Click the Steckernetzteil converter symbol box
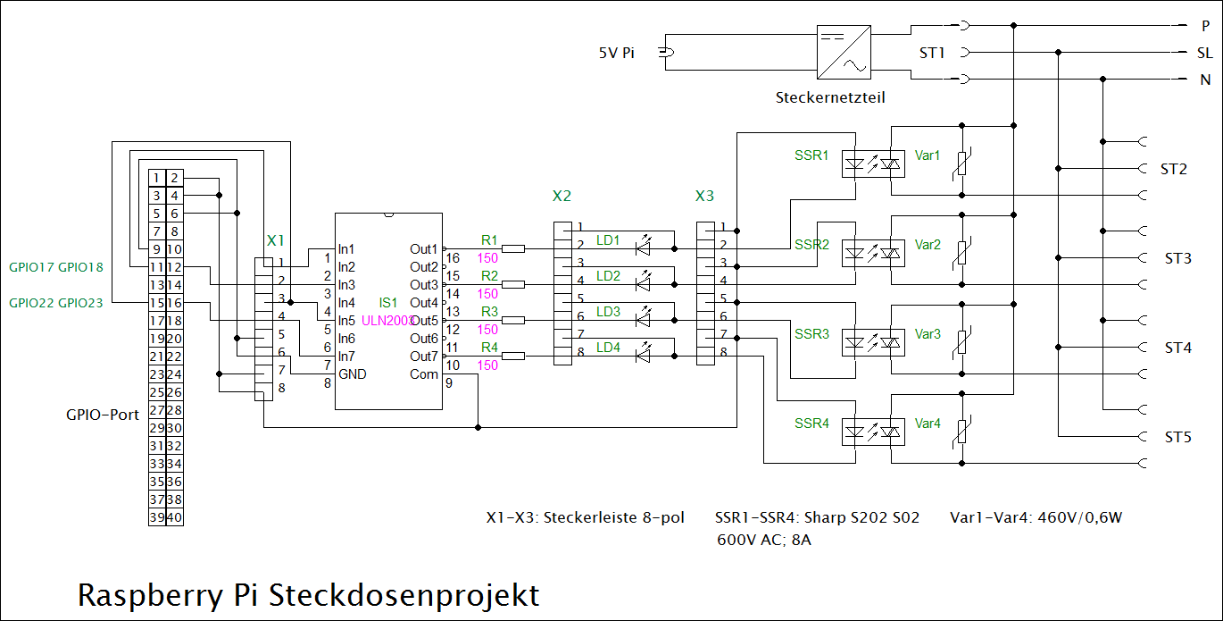pos(844,53)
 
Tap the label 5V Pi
pos(617,54)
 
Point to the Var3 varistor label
pos(928,334)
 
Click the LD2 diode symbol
pos(644,284)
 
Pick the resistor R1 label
pos(489,239)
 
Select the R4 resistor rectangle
pos(513,357)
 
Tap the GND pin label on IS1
pos(353,374)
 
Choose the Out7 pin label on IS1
pos(424,357)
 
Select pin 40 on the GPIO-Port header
pos(175,517)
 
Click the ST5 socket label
pos(1177,438)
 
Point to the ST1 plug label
pos(932,54)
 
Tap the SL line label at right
pos(1204,54)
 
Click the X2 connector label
pos(562,196)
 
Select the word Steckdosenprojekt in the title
pos(404,595)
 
